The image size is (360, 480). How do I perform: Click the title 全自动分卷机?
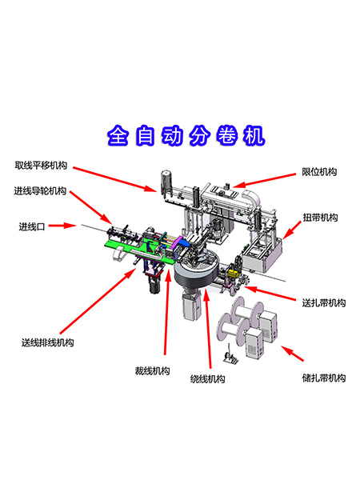pyautogui.click(x=186, y=135)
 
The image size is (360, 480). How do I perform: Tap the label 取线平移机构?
pyautogui.click(x=41, y=166)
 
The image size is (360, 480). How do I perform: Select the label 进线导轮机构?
pyautogui.click(x=40, y=190)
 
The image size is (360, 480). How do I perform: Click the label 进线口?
pyautogui.click(x=32, y=226)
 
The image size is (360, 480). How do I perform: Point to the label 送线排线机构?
pyautogui.click(x=47, y=342)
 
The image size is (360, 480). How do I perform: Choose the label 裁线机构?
pyautogui.click(x=153, y=370)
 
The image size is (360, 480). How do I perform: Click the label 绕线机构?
pyautogui.click(x=207, y=379)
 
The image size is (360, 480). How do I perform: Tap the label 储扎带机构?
pyautogui.click(x=324, y=378)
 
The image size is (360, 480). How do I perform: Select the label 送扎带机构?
pyautogui.click(x=324, y=302)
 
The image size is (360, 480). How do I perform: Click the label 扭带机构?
pyautogui.click(x=320, y=218)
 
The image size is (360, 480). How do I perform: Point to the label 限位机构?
pyautogui.click(x=319, y=172)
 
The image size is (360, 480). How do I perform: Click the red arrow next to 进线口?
pyautogui.click(x=62, y=226)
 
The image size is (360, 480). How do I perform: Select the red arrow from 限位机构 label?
pyautogui.click(x=265, y=181)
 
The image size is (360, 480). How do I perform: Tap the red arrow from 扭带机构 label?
pyautogui.click(x=292, y=230)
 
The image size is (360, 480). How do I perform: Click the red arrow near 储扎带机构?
pyautogui.click(x=292, y=354)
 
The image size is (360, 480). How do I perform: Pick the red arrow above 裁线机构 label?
pyautogui.click(x=167, y=312)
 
